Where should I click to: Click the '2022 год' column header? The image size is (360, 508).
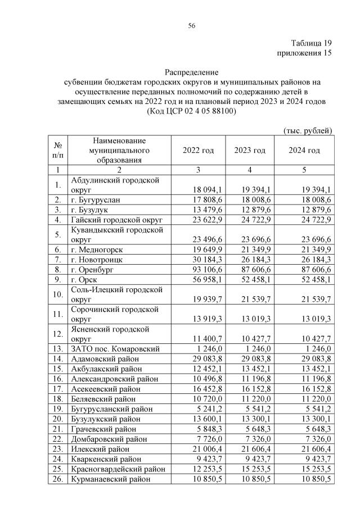[x=198, y=151]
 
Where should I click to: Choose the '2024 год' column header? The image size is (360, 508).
[x=304, y=151]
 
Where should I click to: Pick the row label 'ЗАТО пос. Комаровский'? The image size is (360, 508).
[x=115, y=348]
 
